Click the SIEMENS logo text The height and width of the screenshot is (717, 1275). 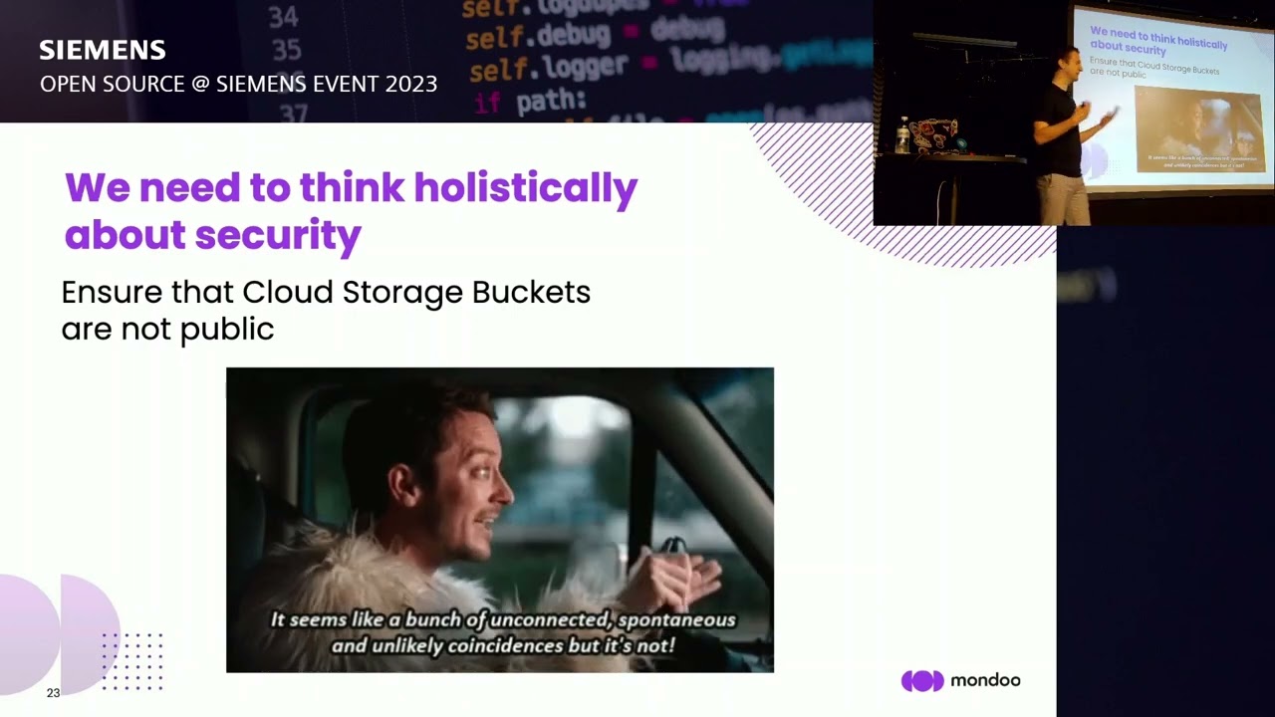coord(102,50)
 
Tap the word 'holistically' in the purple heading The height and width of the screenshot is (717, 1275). coord(525,187)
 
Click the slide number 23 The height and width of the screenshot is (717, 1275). coord(53,693)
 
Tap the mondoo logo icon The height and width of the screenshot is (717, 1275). coord(922,681)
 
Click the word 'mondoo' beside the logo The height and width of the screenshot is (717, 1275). coord(985,681)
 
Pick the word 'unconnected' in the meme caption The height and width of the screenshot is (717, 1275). coord(553,619)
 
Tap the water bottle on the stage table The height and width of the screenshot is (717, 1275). coord(902,137)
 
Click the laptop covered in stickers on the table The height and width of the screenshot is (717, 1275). coord(932,135)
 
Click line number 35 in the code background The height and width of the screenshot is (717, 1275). coord(287,50)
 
